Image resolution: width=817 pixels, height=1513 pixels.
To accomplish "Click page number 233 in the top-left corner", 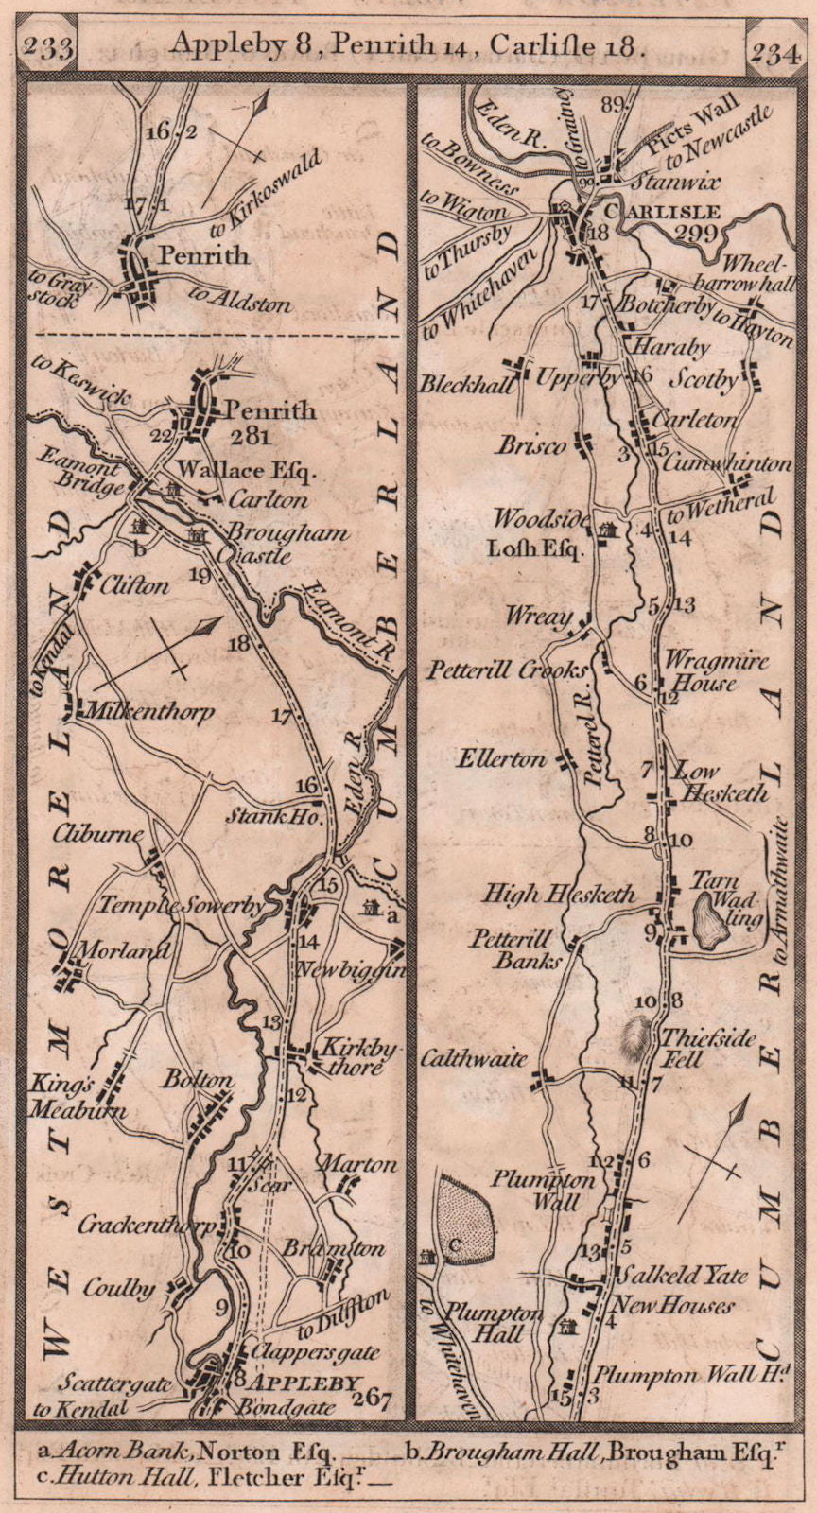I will (50, 46).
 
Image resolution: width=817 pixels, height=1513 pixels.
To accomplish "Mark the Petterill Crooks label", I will (506, 670).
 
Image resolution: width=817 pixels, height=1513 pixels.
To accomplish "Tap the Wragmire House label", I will (716, 670).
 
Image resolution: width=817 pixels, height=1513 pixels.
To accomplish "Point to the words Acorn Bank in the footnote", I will (102, 1449).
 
